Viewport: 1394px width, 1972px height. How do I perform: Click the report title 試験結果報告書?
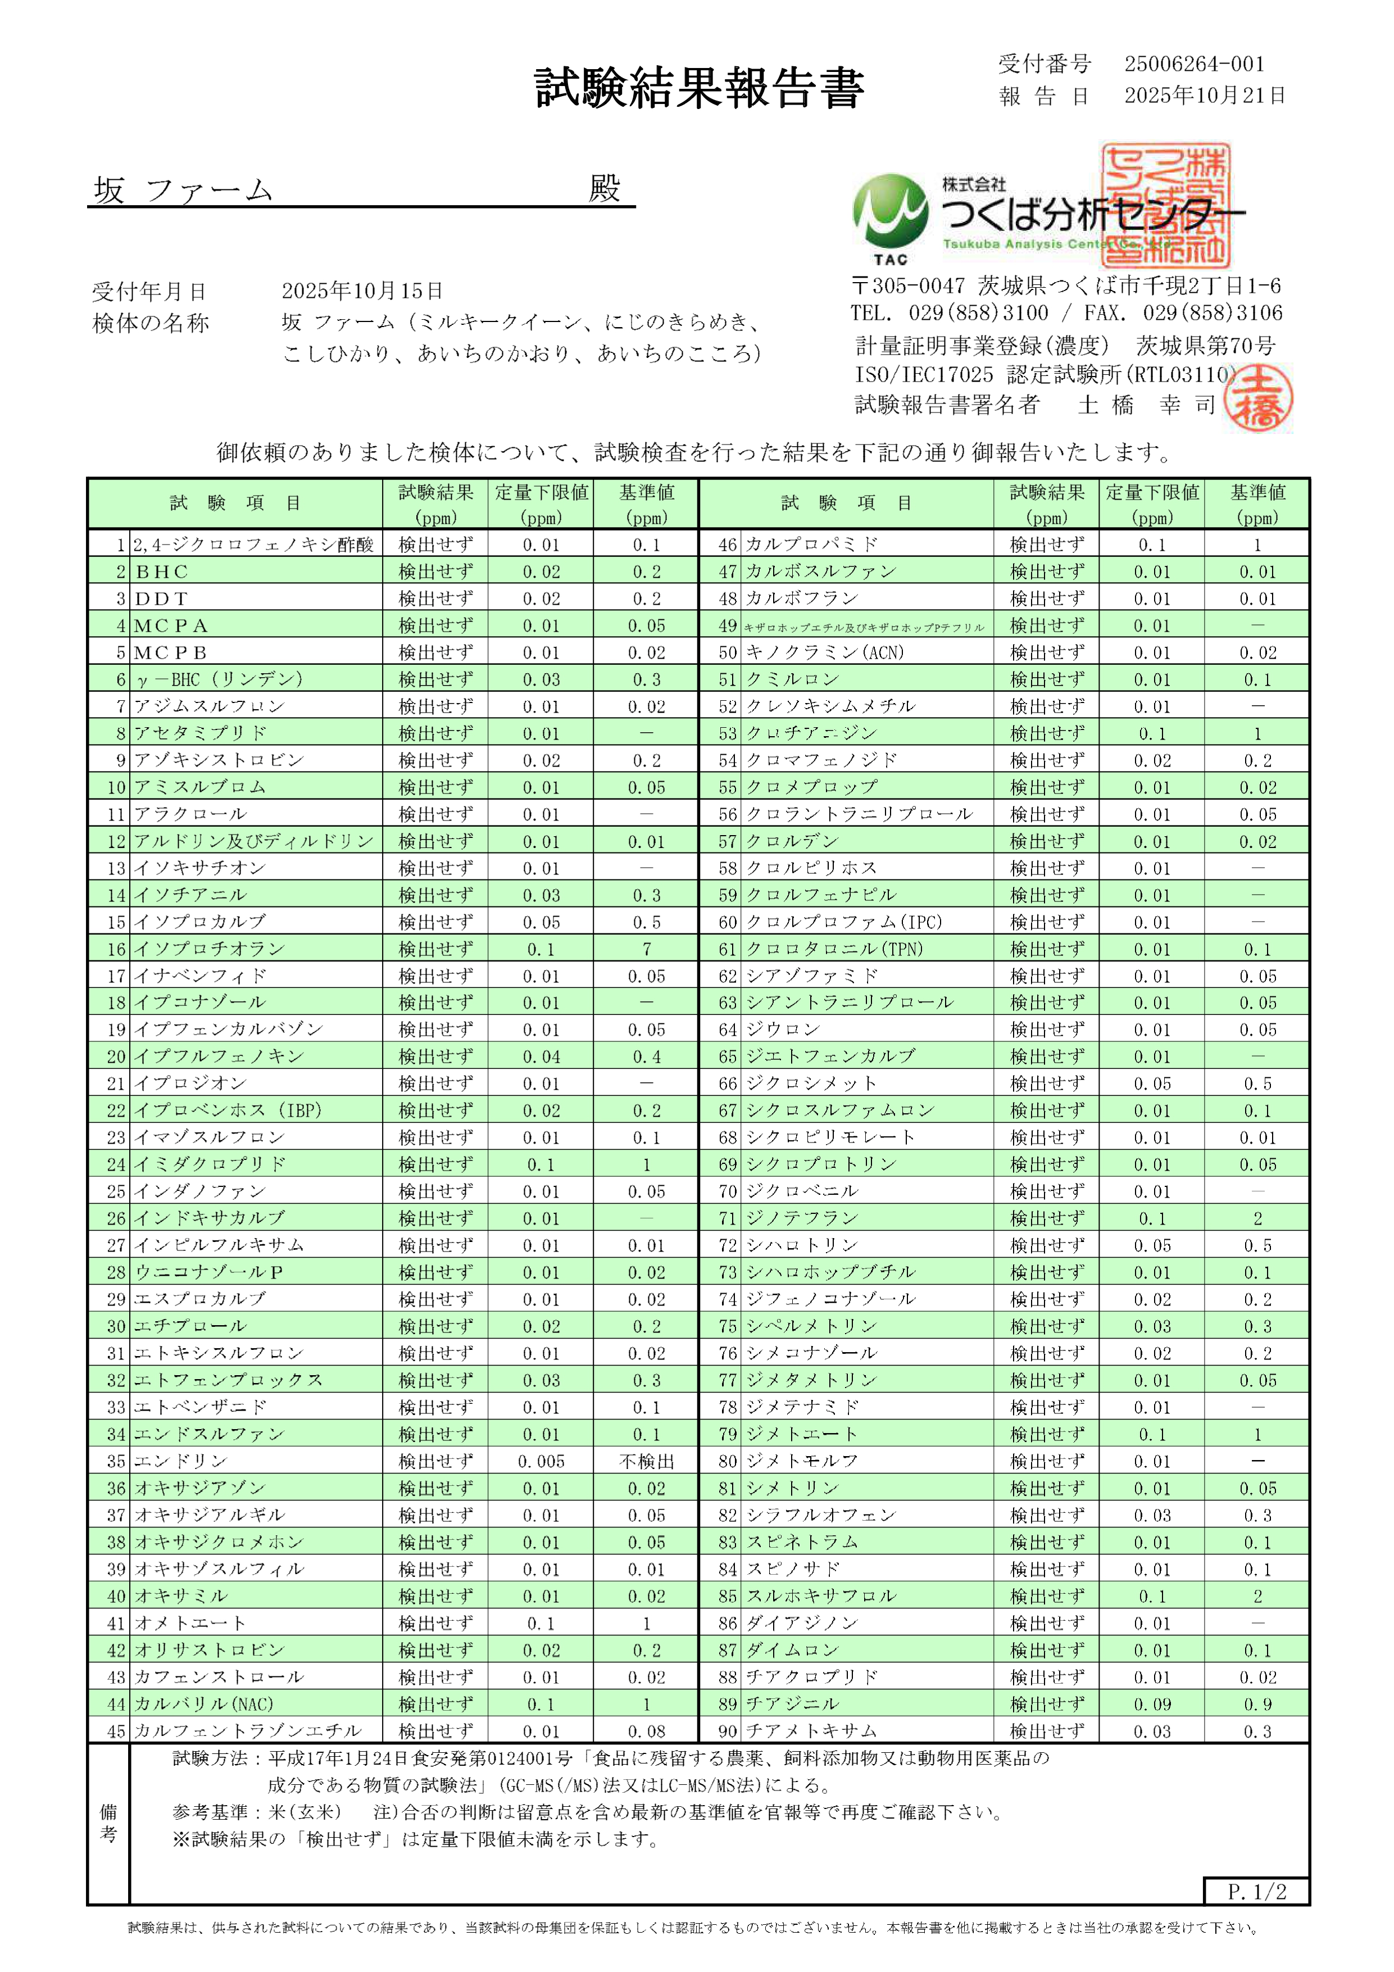pos(698,88)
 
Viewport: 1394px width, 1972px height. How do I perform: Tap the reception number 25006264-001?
pos(1194,64)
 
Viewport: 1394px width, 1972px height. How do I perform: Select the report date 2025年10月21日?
pos(1204,96)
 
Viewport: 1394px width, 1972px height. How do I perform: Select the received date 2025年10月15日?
pos(362,291)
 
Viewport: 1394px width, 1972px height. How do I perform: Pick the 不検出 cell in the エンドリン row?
pos(646,1461)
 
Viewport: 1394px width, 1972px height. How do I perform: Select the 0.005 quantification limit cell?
pos(541,1461)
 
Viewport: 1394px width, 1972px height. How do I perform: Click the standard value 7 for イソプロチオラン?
pos(646,949)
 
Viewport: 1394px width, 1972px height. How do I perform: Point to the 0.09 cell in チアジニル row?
pos(1151,1704)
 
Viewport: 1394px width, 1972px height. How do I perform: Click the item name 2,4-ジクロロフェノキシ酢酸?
pos(253,545)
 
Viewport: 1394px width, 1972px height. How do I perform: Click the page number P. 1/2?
pos(1256,1891)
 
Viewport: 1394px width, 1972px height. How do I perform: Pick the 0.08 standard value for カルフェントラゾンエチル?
pos(646,1731)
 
